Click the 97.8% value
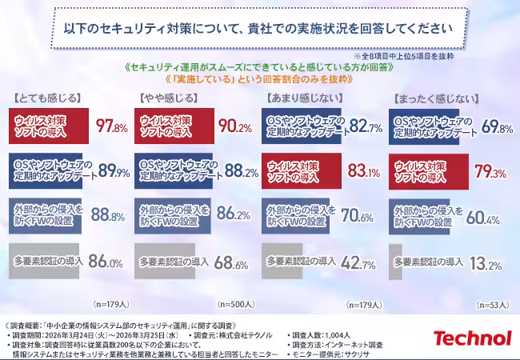click(x=112, y=126)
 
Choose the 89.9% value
click(x=113, y=171)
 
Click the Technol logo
click(x=472, y=338)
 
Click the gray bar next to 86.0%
click(x=46, y=261)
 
